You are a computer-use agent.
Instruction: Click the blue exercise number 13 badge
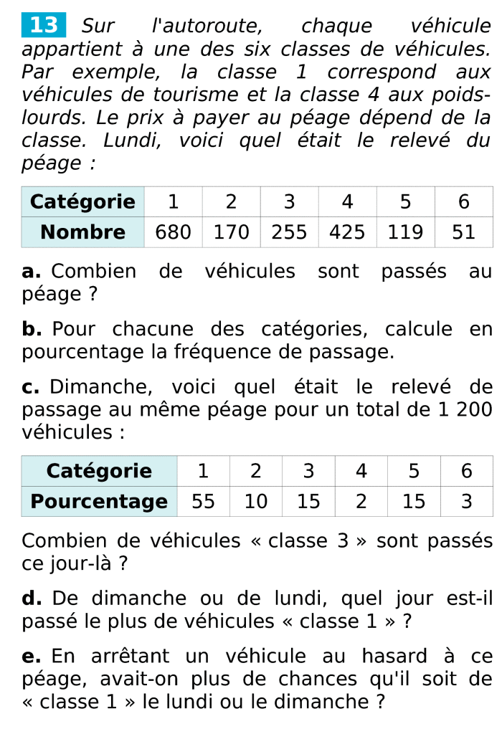44,26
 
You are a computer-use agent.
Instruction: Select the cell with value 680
174,232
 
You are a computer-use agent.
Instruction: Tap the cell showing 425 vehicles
347,232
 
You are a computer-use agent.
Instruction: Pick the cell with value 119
405,232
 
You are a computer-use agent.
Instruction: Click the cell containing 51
464,232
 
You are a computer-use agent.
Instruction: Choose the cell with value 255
289,232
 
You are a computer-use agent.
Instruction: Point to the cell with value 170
231,232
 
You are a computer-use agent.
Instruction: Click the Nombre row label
83,232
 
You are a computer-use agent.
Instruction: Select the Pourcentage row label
99,501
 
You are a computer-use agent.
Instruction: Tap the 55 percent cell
203,501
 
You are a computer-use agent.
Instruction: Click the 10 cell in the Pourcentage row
256,501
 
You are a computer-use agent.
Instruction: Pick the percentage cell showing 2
361,501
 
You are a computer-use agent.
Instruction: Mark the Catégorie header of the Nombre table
83,201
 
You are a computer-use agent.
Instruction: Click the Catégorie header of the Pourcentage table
99,471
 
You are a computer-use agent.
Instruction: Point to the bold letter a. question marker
32,272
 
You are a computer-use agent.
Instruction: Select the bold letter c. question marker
31,388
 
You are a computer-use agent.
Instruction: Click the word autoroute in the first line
207,27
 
